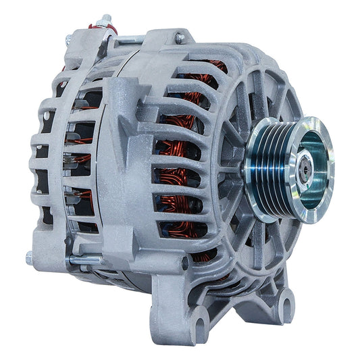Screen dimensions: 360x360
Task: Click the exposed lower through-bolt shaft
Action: click(84, 259)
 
